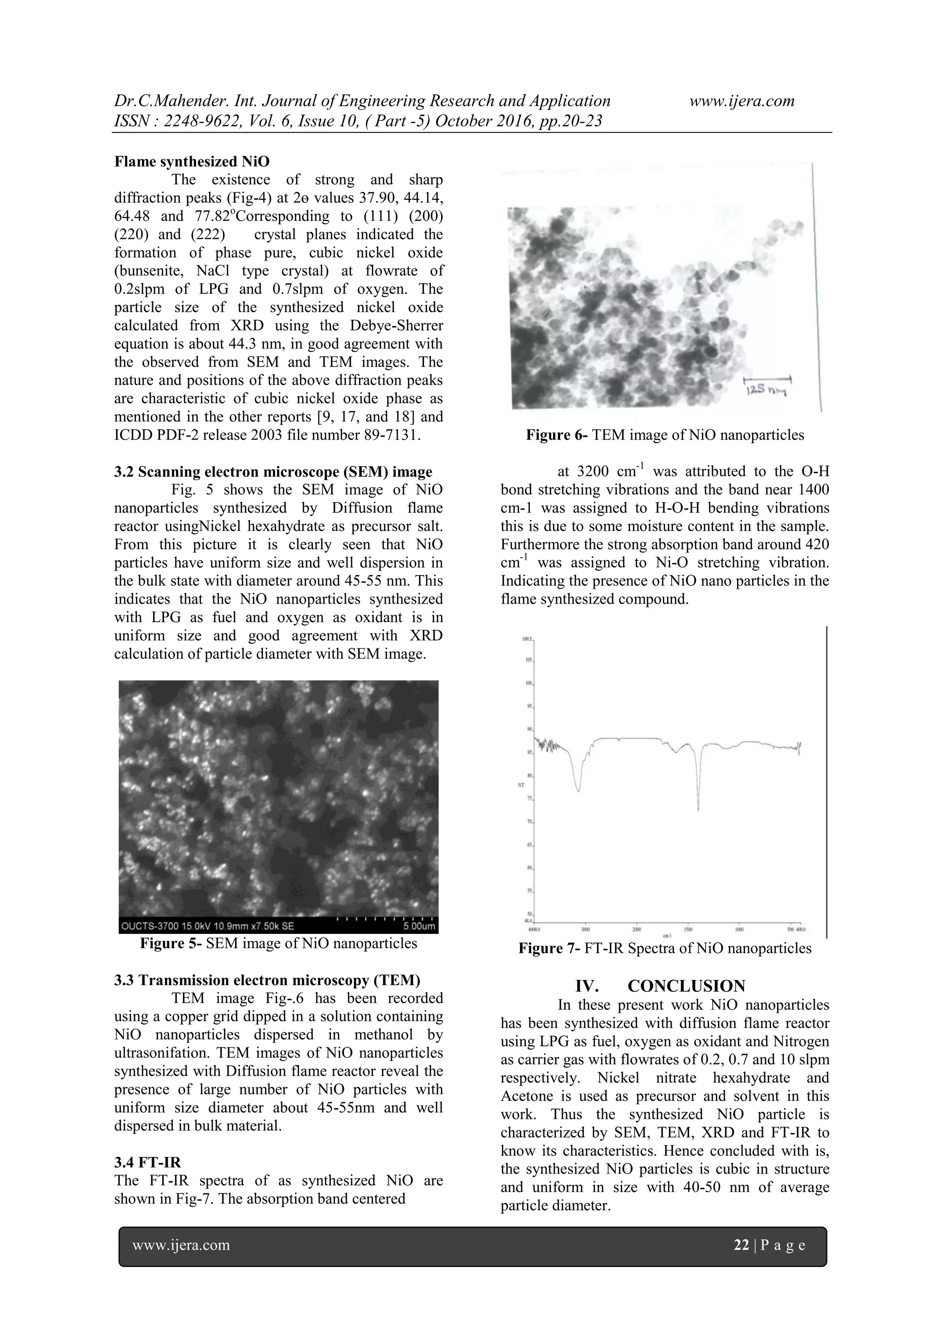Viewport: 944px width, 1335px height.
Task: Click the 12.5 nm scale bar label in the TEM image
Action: click(x=768, y=392)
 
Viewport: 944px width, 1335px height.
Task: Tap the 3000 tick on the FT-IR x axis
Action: click(x=585, y=930)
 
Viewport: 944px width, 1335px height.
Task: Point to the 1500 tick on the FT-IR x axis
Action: click(x=688, y=930)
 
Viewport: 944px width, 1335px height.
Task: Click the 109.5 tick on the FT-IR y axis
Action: click(x=528, y=638)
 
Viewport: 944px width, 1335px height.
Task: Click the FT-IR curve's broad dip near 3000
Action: click(x=578, y=789)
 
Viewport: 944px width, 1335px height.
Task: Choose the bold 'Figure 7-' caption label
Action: click(x=549, y=949)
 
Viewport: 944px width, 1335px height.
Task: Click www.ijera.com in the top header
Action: click(x=742, y=101)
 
